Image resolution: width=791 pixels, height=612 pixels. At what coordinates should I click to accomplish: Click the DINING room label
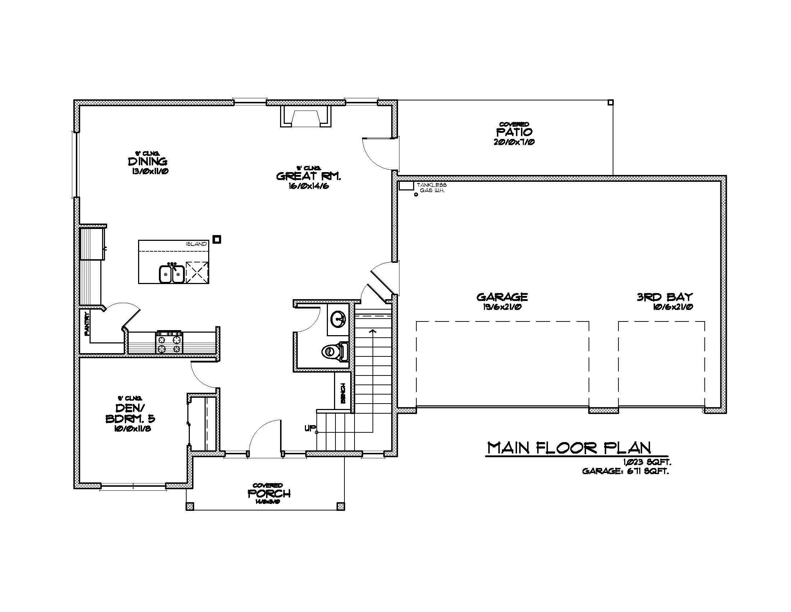147,161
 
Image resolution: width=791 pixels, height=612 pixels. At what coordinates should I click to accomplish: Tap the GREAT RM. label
309,176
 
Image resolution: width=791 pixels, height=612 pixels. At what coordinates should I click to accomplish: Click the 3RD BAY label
664,297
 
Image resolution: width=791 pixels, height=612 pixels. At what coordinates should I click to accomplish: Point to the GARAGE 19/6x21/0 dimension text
502,307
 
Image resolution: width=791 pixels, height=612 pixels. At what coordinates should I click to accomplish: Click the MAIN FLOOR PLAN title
569,448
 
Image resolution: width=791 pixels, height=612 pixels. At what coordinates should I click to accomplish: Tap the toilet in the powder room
334,351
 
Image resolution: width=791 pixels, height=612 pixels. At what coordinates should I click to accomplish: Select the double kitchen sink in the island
171,274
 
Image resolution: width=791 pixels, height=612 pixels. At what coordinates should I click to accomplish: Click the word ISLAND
196,244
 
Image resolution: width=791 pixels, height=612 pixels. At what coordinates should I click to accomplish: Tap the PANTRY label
87,324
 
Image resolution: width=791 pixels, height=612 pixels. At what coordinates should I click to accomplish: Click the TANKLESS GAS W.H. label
431,188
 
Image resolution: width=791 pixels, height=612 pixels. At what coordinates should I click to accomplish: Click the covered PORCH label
269,494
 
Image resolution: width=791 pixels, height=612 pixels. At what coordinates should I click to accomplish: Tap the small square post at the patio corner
611,102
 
